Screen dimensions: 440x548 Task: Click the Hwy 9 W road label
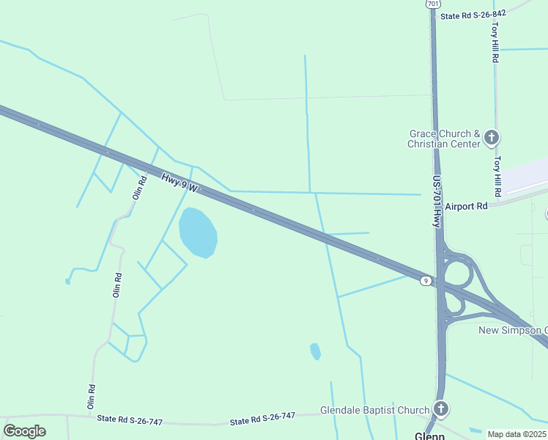179,183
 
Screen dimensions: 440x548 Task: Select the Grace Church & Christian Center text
444,139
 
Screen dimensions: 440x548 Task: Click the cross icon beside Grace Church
492,137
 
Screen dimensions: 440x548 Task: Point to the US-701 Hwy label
437,202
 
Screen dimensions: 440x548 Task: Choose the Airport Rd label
465,207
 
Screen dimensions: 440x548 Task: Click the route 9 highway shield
425,280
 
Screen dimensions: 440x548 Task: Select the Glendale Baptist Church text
374,410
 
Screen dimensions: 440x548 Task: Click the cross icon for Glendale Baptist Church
440,409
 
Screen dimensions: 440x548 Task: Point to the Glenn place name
429,436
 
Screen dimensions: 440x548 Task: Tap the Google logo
24,431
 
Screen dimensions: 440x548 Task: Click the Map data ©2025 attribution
516,434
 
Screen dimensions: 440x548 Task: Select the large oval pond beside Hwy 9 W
198,232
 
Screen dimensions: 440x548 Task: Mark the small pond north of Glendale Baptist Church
315,351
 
